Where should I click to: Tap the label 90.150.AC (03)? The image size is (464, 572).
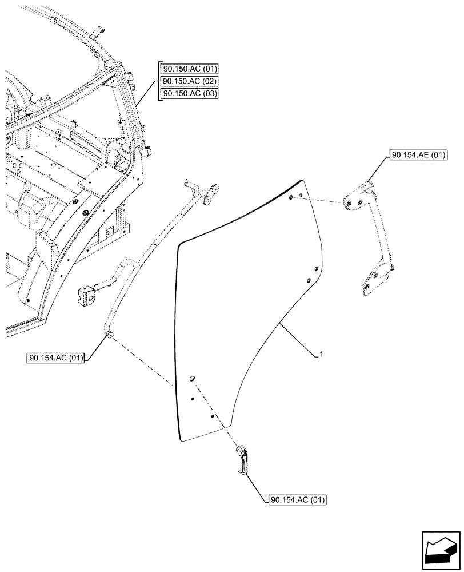(x=189, y=93)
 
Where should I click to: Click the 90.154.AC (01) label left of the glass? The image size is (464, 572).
(x=55, y=359)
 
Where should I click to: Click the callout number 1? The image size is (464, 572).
(x=322, y=355)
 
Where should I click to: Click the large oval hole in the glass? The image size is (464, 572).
(x=193, y=378)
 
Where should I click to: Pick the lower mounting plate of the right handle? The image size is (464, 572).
(x=375, y=283)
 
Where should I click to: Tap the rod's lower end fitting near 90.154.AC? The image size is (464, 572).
(x=109, y=333)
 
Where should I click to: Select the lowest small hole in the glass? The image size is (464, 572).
(x=213, y=417)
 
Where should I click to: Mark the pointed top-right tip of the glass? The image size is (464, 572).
(x=303, y=181)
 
